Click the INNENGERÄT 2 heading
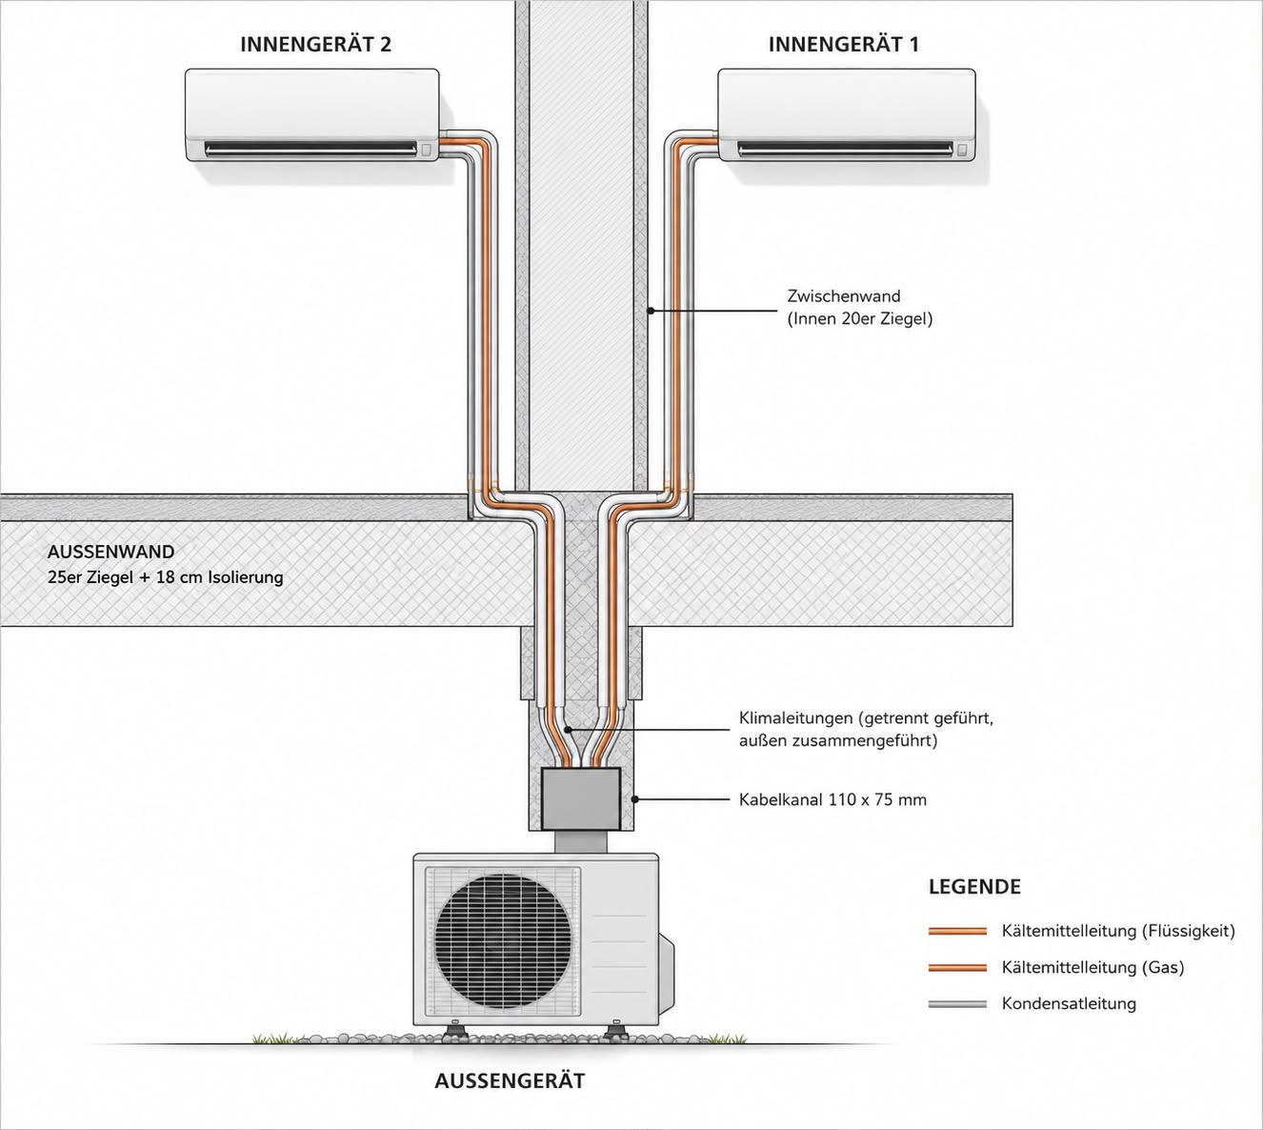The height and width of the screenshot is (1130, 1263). [x=315, y=44]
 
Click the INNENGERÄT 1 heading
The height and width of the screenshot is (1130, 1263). [x=844, y=44]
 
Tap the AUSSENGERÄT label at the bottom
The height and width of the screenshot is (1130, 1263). [x=510, y=1080]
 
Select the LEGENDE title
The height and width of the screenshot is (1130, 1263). [x=974, y=887]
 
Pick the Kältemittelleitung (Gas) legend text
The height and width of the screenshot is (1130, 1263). [x=1093, y=967]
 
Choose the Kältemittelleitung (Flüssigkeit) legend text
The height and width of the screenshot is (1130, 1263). [x=1118, y=931]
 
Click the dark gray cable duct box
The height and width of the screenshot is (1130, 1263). [x=580, y=798]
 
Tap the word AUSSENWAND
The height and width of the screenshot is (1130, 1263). [x=110, y=552]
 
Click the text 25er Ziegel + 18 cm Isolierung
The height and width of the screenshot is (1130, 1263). [x=165, y=577]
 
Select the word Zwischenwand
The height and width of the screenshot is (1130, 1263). [x=844, y=295]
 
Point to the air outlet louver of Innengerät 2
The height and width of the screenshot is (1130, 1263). [x=311, y=149]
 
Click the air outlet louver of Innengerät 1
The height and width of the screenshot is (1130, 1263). [x=845, y=149]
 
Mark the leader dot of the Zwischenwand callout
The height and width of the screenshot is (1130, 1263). [x=650, y=310]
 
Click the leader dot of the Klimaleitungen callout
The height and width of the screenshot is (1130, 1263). [x=567, y=729]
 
